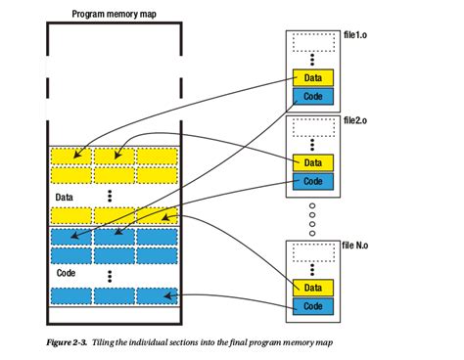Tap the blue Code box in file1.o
(313, 96)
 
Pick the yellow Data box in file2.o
(313, 162)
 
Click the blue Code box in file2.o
(313, 180)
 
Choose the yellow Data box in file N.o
(313, 287)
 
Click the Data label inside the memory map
(65, 197)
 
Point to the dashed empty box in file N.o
(313, 254)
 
